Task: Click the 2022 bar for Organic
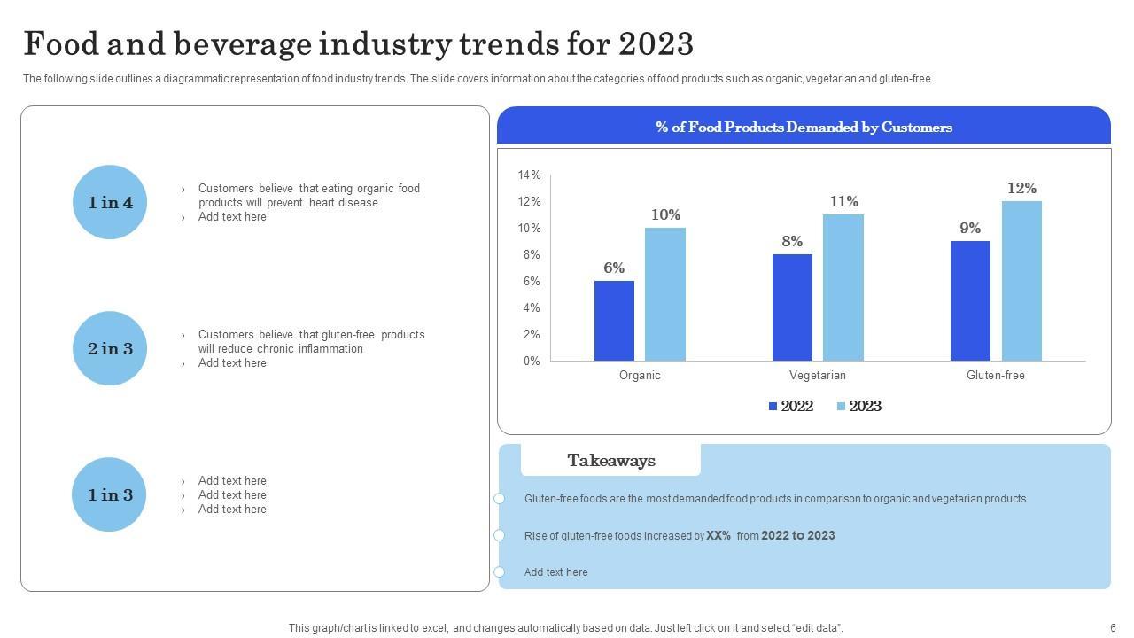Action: pyautogui.click(x=614, y=321)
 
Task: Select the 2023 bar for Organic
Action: pyautogui.click(x=664, y=294)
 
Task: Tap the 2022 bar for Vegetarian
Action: pyautogui.click(x=792, y=307)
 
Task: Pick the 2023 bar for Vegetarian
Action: pyautogui.click(x=843, y=288)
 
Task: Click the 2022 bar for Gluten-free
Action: pyautogui.click(x=970, y=301)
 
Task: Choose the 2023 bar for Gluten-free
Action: pyautogui.click(x=1021, y=281)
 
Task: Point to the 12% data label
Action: pyautogui.click(x=1021, y=188)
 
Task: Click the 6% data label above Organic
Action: pyautogui.click(x=614, y=268)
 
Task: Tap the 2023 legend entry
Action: pyautogui.click(x=858, y=406)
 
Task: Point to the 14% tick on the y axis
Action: pyautogui.click(x=529, y=175)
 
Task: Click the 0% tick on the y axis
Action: pyautogui.click(x=531, y=362)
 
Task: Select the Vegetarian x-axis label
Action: pyautogui.click(x=818, y=376)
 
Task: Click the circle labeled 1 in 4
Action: pyautogui.click(x=110, y=202)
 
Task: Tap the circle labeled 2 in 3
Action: pyautogui.click(x=110, y=348)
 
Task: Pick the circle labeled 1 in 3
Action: pyautogui.click(x=110, y=494)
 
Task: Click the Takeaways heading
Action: pyautogui.click(x=611, y=461)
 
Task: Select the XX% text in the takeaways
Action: pyautogui.click(x=718, y=535)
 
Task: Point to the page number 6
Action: pyautogui.click(x=1113, y=628)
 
